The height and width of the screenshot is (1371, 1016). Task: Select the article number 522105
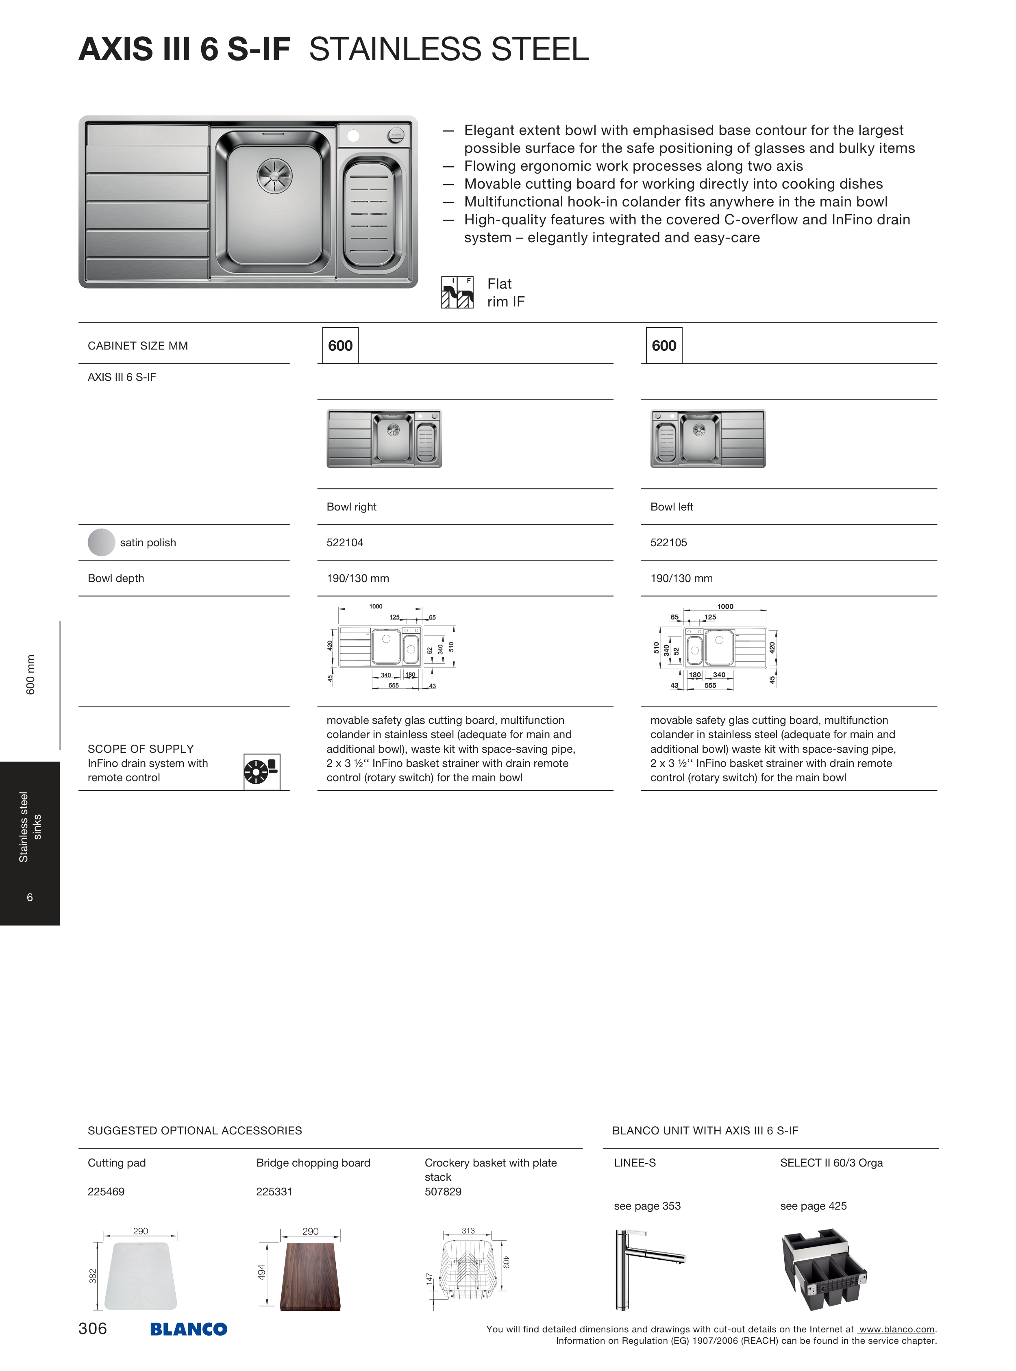[x=668, y=542]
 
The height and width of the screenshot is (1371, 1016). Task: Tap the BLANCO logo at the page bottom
[x=189, y=1329]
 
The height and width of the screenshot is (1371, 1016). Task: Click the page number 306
[x=93, y=1328]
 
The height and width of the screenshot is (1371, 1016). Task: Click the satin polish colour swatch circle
[x=102, y=542]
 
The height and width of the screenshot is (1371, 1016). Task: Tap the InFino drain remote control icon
[x=261, y=771]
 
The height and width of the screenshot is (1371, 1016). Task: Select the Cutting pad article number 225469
[x=106, y=1191]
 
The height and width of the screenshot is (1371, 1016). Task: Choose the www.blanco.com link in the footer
[x=897, y=1329]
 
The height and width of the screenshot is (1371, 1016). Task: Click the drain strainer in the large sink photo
[x=274, y=175]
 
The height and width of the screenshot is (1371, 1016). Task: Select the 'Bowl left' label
[x=672, y=506]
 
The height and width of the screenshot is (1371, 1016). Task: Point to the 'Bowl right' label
[x=351, y=506]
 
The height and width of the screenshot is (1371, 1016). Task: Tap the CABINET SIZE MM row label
[x=138, y=345]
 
